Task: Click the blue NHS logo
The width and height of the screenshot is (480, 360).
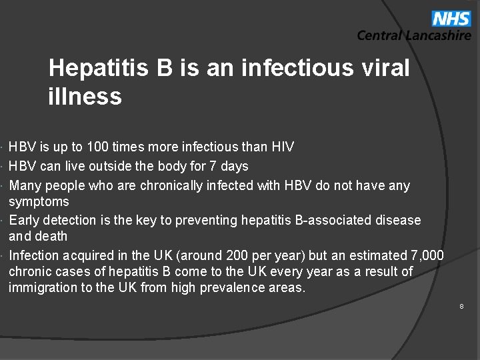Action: [x=451, y=18]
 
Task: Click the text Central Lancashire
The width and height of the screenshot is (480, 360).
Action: [x=414, y=36]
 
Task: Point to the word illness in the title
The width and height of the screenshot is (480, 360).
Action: [x=85, y=97]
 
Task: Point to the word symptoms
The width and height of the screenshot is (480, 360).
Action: [x=39, y=201]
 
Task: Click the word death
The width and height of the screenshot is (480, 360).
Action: [x=51, y=236]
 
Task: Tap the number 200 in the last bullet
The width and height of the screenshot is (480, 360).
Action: [x=237, y=255]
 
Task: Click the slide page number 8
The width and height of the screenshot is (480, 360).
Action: [x=461, y=306]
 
